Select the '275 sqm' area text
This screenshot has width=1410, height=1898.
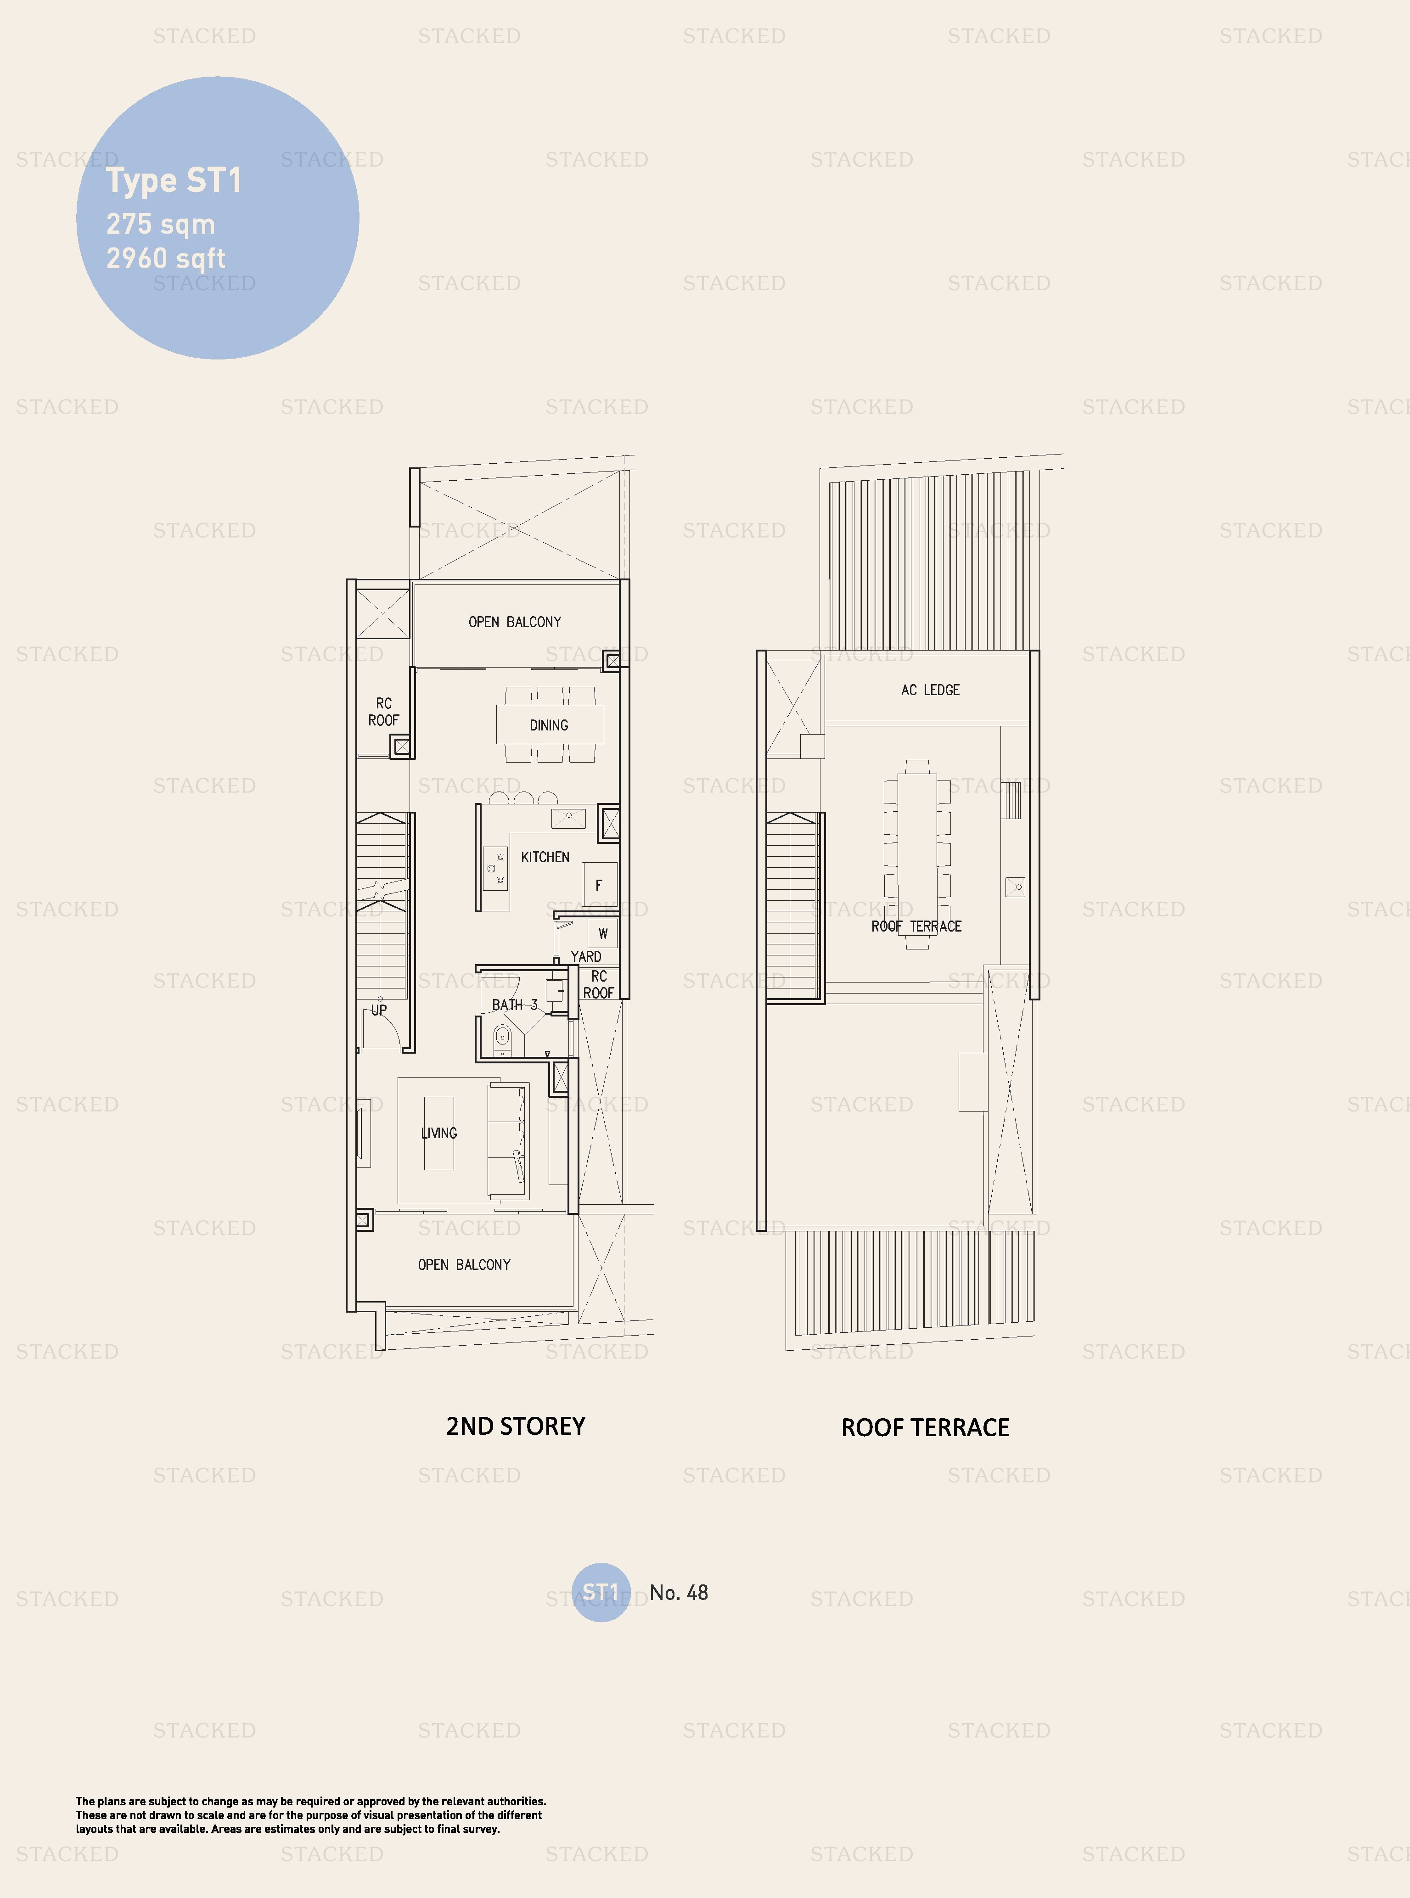160,225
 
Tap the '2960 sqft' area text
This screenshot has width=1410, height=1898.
166,258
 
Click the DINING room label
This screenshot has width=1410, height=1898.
549,725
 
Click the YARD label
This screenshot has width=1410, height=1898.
585,957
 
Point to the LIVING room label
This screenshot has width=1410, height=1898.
439,1134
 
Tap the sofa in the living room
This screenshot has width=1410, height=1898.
508,1140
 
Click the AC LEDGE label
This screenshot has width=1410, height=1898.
930,690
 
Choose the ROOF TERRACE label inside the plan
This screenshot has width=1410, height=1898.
916,926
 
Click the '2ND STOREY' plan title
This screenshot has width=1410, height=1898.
516,1426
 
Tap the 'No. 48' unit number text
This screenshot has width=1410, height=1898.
679,1593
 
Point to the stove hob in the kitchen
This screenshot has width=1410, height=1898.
495,868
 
